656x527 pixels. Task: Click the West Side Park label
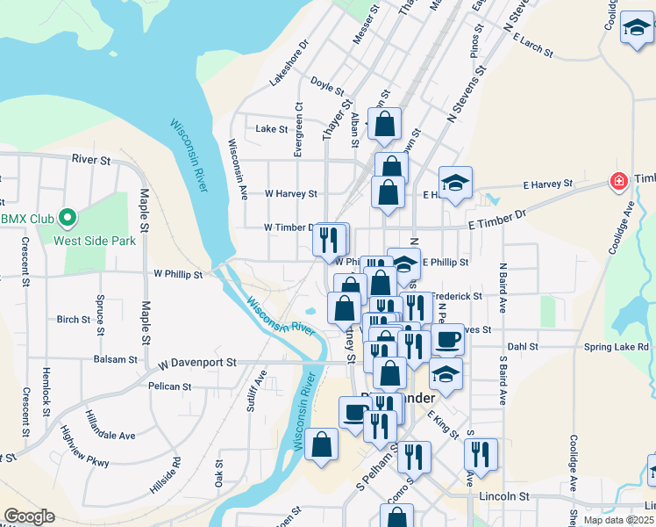94,240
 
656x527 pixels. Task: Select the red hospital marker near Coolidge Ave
619,181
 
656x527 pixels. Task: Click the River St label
91,161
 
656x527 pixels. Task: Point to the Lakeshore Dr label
289,61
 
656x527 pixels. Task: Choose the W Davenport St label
197,362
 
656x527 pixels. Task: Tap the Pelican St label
170,386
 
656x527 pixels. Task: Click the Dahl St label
522,347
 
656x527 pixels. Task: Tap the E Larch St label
534,45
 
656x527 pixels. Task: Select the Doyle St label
325,86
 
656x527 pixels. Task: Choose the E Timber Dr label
496,220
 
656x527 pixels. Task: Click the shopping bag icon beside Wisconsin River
322,444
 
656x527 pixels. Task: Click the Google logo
29,516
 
